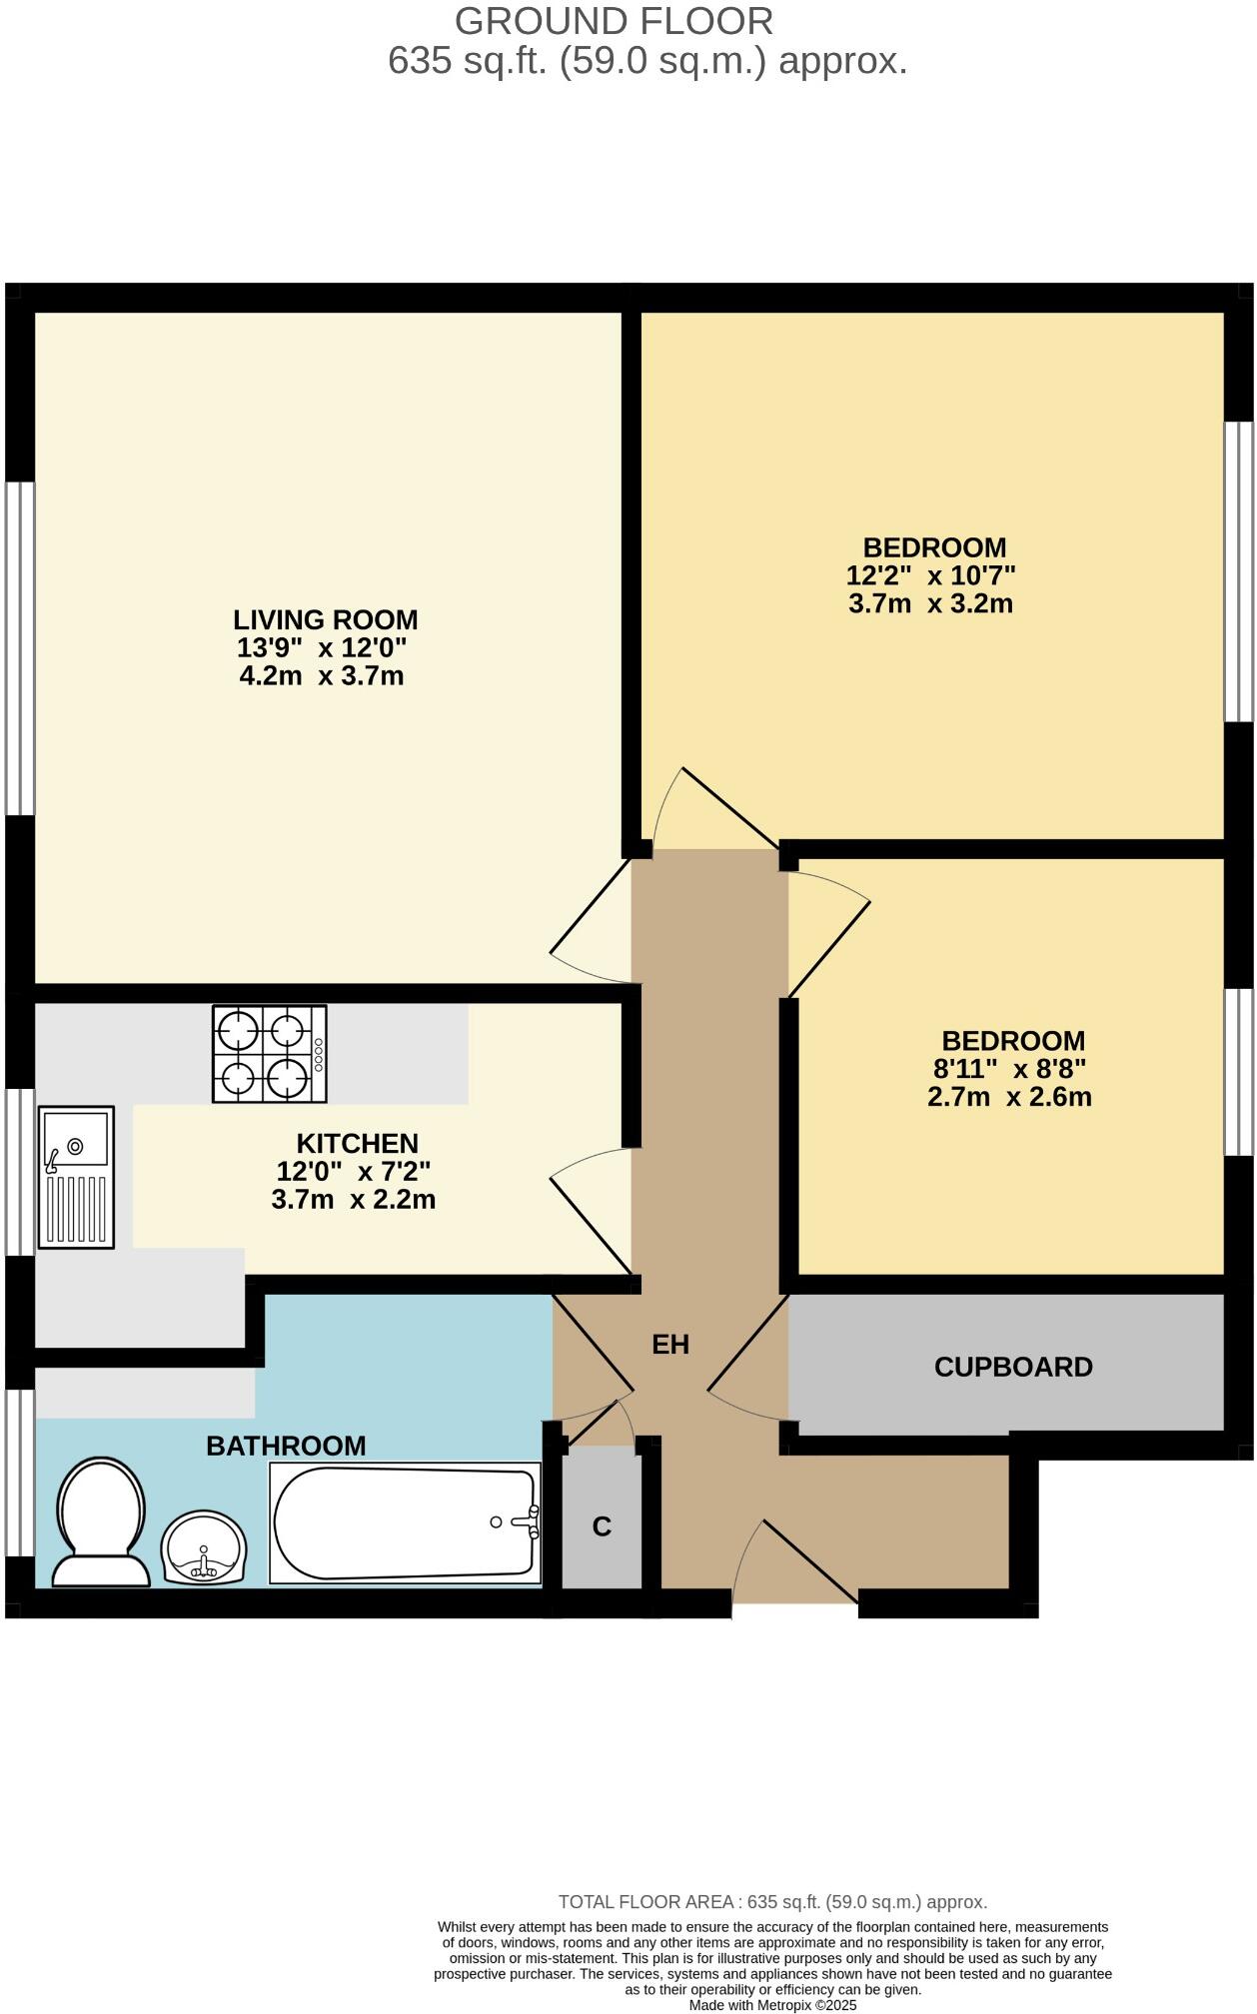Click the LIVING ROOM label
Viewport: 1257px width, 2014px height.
(325, 619)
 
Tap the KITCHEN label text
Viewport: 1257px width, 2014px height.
(357, 1143)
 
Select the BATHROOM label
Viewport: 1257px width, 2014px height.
(286, 1446)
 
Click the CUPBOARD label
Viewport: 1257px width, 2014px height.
(1012, 1367)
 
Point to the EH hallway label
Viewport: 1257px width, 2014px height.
(670, 1345)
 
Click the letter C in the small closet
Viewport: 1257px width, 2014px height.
(602, 1526)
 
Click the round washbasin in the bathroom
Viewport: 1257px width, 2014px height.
(203, 1547)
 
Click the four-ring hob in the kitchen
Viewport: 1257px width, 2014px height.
(269, 1054)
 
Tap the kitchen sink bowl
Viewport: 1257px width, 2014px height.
(76, 1139)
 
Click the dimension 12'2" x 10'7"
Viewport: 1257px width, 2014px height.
(930, 575)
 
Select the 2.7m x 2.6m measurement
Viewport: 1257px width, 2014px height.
(1009, 1097)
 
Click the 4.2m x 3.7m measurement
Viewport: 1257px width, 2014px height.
(322, 676)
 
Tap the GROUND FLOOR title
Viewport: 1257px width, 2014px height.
(614, 21)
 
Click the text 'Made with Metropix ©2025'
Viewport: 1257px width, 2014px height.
(772, 2004)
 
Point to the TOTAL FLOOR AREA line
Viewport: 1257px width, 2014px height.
(772, 1902)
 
